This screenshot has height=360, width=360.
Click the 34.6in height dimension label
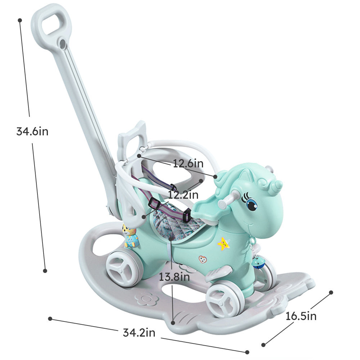[32, 131]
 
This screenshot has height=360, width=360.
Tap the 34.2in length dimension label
[139, 333]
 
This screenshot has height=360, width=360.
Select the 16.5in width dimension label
[301, 316]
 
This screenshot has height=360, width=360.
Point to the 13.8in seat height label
[174, 277]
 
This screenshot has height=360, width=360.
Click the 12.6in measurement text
[188, 164]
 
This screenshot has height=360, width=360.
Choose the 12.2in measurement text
[183, 195]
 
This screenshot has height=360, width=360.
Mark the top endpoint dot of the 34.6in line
[20, 20]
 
